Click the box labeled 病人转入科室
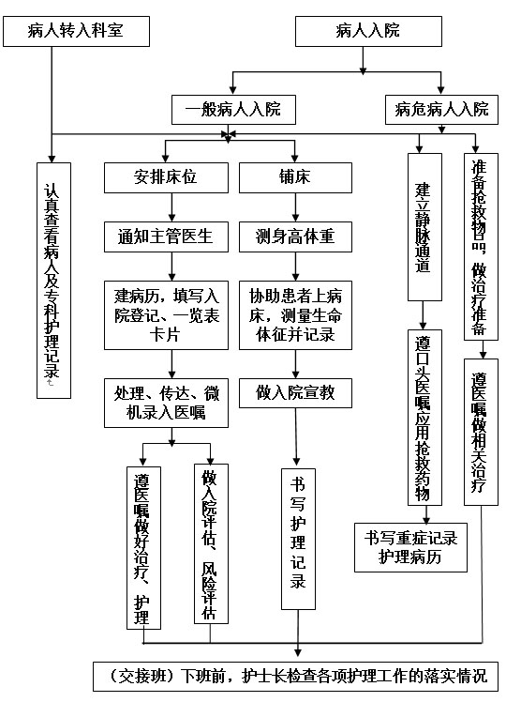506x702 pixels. click(x=76, y=31)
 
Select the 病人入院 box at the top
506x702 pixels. click(x=368, y=31)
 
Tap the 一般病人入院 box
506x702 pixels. click(x=233, y=110)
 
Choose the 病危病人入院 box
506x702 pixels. click(x=441, y=110)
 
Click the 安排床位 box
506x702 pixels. click(x=166, y=177)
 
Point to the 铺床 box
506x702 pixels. click(x=295, y=177)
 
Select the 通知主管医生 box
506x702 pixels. click(x=166, y=237)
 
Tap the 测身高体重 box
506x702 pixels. click(x=295, y=237)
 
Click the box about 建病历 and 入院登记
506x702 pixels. click(x=166, y=315)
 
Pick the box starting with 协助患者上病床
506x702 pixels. click(x=295, y=315)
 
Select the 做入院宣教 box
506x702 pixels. click(x=295, y=393)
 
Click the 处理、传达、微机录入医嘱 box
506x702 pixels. click(x=166, y=403)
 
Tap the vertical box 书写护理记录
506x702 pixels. click(x=298, y=539)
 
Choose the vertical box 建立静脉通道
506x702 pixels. click(x=424, y=227)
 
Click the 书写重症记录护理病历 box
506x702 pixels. click(x=410, y=547)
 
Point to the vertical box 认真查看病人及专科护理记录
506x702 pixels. click(x=53, y=281)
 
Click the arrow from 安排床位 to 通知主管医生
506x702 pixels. click(x=171, y=207)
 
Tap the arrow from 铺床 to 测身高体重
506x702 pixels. click(x=295, y=207)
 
